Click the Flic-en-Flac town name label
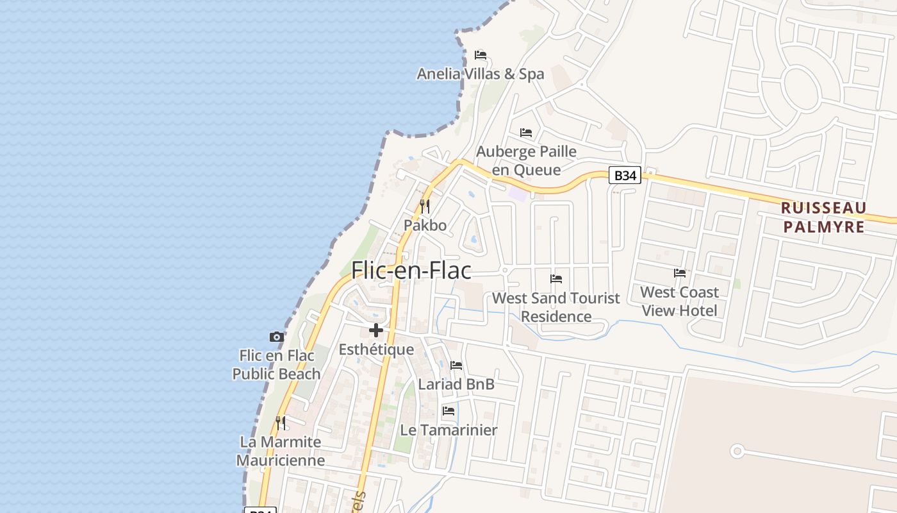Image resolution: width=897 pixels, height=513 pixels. coord(411,271)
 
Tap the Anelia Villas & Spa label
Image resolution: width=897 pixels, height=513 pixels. coord(481,74)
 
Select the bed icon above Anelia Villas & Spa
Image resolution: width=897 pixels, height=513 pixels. coord(481,55)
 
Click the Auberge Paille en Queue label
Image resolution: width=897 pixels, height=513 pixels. coord(526,160)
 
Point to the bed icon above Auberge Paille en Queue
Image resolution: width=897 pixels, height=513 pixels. coord(526,133)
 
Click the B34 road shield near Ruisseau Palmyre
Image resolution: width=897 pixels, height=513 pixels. coord(624,175)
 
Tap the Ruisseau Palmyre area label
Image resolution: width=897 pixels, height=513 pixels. coord(824,217)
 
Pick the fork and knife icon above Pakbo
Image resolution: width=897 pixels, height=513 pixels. coord(425,206)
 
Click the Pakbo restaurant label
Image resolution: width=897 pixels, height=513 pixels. coord(425,226)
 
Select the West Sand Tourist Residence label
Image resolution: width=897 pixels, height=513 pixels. coord(556,307)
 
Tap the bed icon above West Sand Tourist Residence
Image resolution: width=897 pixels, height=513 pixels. coord(556,279)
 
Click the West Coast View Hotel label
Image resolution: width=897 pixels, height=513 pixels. coord(679,301)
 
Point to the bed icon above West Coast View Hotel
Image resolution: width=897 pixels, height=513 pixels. coord(680,273)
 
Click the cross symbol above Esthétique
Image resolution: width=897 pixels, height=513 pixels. coord(376,330)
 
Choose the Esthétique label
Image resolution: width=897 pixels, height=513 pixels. coord(376,349)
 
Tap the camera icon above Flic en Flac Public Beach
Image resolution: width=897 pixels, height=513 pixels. coord(277,337)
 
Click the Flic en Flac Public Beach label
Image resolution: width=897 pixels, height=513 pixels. coord(276,365)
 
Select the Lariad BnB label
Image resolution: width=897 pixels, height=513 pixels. coord(456,384)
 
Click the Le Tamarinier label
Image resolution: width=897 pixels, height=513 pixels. coord(448,430)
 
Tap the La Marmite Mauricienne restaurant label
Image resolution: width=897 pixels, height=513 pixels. coord(281,451)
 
